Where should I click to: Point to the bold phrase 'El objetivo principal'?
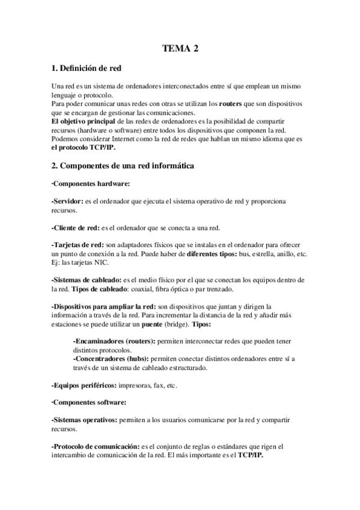pos(82,121)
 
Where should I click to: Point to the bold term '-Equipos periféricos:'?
pos(85,384)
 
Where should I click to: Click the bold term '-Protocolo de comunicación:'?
pos(96,446)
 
